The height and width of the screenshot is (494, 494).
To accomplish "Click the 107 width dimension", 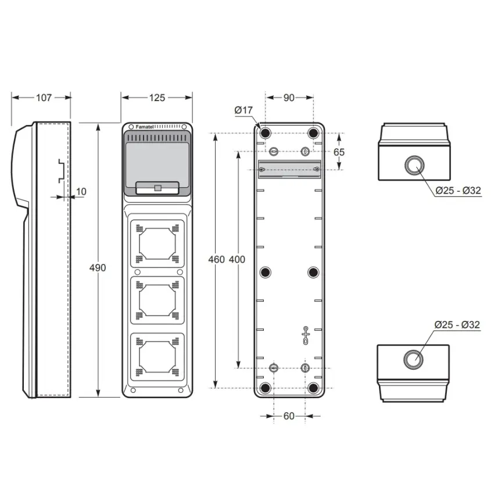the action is point(44,98).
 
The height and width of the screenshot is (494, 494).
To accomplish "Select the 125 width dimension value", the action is point(157,98).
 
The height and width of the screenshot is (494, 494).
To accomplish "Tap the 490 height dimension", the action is point(98,268).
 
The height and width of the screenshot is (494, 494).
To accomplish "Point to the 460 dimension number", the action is point(216,259).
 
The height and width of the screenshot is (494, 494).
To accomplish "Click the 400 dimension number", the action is point(237,259).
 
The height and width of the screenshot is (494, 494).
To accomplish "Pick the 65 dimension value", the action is point(339,152).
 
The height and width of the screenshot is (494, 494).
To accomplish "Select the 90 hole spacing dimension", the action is point(289,98).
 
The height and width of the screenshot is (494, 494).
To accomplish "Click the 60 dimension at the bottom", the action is point(289,416).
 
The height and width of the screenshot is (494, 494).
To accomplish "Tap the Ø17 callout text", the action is point(244,110).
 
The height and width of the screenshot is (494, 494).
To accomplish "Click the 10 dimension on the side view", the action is point(81,192).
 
